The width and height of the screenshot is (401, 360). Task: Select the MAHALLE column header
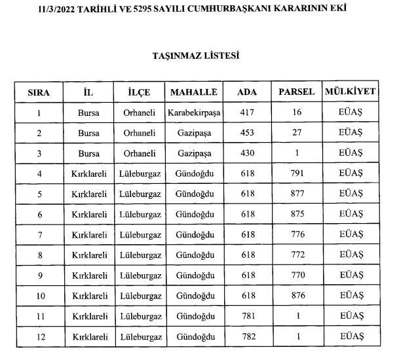click(x=193, y=92)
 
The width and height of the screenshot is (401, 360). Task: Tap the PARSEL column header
click(x=297, y=92)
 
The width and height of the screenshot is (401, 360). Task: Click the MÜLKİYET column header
click(x=351, y=92)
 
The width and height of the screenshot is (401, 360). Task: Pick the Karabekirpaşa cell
click(x=193, y=113)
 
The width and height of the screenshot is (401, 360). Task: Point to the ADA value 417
click(x=246, y=113)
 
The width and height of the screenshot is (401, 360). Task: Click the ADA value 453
click(x=246, y=133)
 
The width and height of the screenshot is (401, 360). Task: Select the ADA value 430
click(x=246, y=153)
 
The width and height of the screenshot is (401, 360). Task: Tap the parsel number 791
click(x=297, y=174)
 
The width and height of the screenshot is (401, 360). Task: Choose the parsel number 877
click(x=297, y=194)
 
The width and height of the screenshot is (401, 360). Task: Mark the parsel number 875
click(x=297, y=215)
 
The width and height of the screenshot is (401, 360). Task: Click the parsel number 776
click(x=297, y=235)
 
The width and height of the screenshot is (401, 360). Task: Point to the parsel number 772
click(x=297, y=255)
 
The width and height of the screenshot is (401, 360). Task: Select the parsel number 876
click(x=297, y=296)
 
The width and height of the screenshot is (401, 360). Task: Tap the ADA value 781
click(x=246, y=316)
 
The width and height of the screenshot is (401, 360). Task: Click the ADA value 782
click(x=246, y=336)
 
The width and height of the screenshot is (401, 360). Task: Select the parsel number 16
click(x=297, y=113)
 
